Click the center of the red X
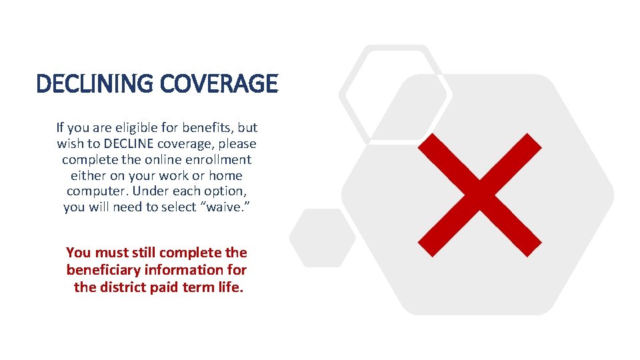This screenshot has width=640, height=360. pyautogui.click(x=479, y=195)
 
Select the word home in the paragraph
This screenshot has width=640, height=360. pyautogui.click(x=225, y=175)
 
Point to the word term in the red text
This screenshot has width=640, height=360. pyautogui.click(x=201, y=288)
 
